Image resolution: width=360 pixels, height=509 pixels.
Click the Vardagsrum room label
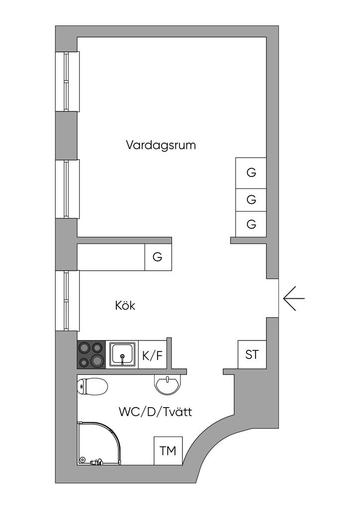point(161,145)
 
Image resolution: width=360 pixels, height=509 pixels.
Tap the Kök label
point(125,305)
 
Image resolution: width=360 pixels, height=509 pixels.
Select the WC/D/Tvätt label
point(155,412)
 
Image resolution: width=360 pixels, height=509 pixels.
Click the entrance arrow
point(293,299)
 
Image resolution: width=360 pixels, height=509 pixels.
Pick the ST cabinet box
point(252,354)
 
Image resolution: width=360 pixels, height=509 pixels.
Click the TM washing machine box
point(168,451)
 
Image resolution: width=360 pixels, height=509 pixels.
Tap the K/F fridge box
point(152,355)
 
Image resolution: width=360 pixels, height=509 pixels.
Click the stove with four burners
point(91,354)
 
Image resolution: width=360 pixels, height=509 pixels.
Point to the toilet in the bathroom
point(93,386)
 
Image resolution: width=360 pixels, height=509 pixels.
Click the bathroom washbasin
point(168,384)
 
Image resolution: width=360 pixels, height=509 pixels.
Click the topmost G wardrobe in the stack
point(251,173)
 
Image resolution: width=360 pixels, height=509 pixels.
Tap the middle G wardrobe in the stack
point(251,199)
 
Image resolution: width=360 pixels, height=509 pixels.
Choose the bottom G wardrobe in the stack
point(251,224)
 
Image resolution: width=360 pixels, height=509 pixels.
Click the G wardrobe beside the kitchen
point(158,257)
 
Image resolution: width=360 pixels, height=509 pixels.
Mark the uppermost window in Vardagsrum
point(67,82)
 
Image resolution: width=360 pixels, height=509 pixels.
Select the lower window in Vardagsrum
point(67,189)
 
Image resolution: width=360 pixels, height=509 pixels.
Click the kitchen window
point(67,300)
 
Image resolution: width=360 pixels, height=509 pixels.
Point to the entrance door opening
point(272,298)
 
